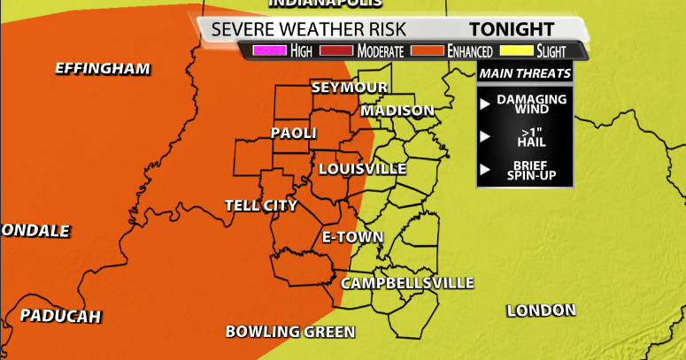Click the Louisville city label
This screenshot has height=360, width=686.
362,168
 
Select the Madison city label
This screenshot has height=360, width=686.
397,111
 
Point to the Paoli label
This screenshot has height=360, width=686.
293,134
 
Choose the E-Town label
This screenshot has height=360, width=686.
352,237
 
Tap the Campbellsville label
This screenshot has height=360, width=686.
407,283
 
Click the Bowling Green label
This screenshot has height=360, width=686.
290,332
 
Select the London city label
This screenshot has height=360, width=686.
541,310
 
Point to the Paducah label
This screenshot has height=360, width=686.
60,316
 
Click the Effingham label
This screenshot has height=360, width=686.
103,68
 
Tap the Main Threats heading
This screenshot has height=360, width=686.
525,73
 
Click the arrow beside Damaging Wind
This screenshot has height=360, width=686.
484,103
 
